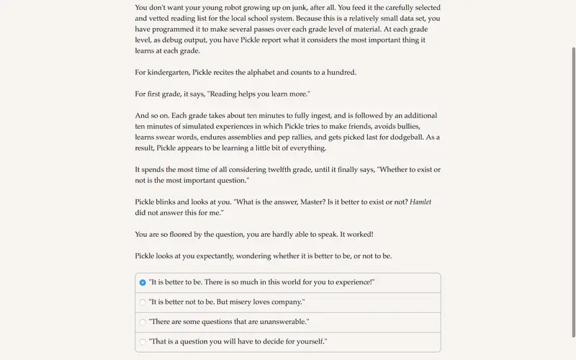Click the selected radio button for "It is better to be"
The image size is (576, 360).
coord(143,283)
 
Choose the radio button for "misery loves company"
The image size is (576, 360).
coord(143,302)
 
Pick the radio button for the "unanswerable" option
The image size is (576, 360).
coord(143,322)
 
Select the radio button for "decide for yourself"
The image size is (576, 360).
coord(143,341)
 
